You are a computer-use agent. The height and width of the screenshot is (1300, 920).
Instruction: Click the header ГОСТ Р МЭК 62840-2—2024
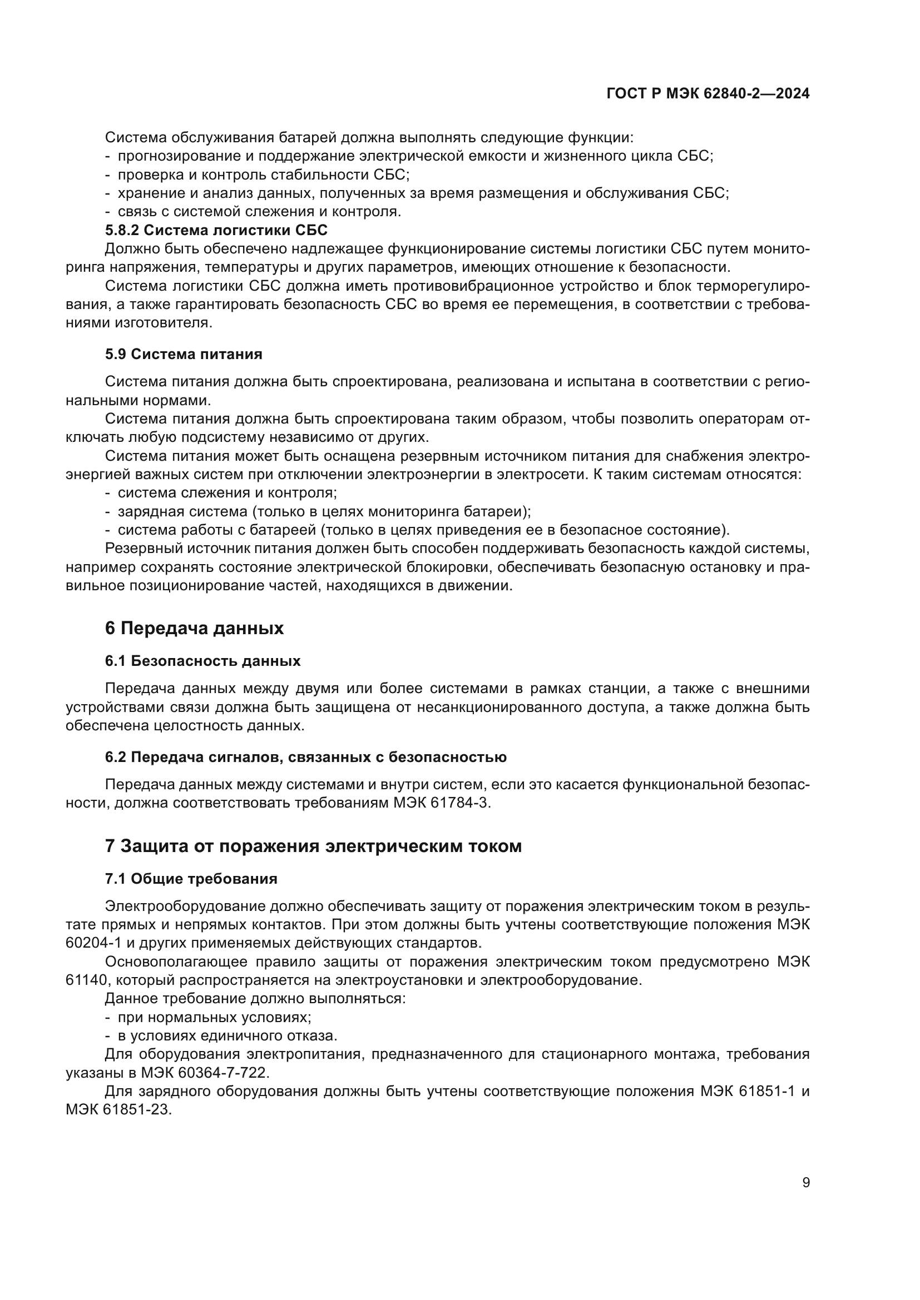(708, 94)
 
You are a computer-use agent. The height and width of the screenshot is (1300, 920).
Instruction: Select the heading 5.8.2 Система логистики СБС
(216, 230)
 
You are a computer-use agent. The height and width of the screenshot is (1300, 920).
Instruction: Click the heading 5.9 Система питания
(184, 354)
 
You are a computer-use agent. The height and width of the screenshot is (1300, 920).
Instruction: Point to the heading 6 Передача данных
(194, 629)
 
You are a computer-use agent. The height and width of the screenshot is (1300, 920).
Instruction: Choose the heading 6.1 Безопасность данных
(202, 661)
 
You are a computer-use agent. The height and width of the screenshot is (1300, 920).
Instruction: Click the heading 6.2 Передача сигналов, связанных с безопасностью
(305, 757)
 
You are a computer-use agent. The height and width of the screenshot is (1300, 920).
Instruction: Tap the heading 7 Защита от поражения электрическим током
(313, 846)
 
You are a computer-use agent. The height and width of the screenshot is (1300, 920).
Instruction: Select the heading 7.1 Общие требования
(191, 879)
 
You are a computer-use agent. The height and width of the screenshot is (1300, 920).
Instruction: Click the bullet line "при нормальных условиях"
(214, 1018)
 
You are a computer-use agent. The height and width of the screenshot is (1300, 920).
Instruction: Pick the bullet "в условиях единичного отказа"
(227, 1035)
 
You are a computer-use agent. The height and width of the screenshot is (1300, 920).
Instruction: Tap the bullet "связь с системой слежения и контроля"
(259, 212)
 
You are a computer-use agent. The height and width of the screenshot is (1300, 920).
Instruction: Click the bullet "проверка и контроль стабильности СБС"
(264, 175)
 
